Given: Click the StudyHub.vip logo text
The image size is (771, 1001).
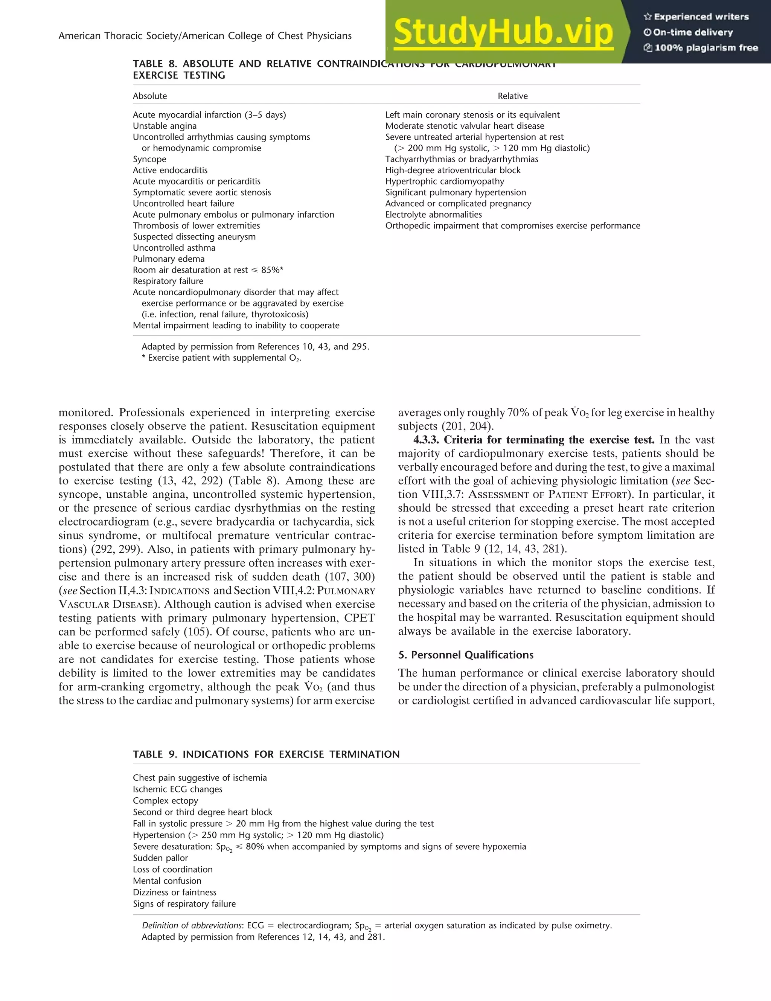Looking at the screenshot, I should click(503, 32).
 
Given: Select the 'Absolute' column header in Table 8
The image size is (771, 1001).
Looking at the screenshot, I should click(150, 96).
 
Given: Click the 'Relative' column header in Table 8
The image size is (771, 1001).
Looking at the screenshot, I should click(512, 96).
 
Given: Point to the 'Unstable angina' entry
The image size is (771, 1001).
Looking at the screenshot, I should click(165, 126).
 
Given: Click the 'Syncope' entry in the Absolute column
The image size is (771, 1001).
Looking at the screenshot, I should click(149, 159).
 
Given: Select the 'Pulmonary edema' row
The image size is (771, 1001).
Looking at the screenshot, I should click(169, 259).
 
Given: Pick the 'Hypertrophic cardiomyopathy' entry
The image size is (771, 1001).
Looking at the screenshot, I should click(445, 181).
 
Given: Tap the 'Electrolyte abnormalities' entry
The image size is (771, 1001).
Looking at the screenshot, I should click(433, 215).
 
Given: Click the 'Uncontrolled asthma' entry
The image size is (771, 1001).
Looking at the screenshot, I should click(174, 247).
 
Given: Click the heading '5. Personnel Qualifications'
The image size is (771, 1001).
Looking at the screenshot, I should click(466, 655).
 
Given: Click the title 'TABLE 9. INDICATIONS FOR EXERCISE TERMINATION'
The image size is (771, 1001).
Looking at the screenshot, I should click(266, 754).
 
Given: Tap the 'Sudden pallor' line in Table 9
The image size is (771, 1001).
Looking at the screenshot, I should click(160, 858).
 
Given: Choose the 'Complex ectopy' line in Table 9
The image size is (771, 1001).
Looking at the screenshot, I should click(166, 800).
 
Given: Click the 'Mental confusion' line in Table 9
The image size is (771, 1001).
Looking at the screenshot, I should click(167, 881).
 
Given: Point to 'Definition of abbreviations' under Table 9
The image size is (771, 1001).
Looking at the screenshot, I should click(192, 925).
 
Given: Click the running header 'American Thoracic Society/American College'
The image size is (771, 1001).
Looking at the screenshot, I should click(205, 36).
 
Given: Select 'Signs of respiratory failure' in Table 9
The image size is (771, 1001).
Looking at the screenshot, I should click(184, 903).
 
